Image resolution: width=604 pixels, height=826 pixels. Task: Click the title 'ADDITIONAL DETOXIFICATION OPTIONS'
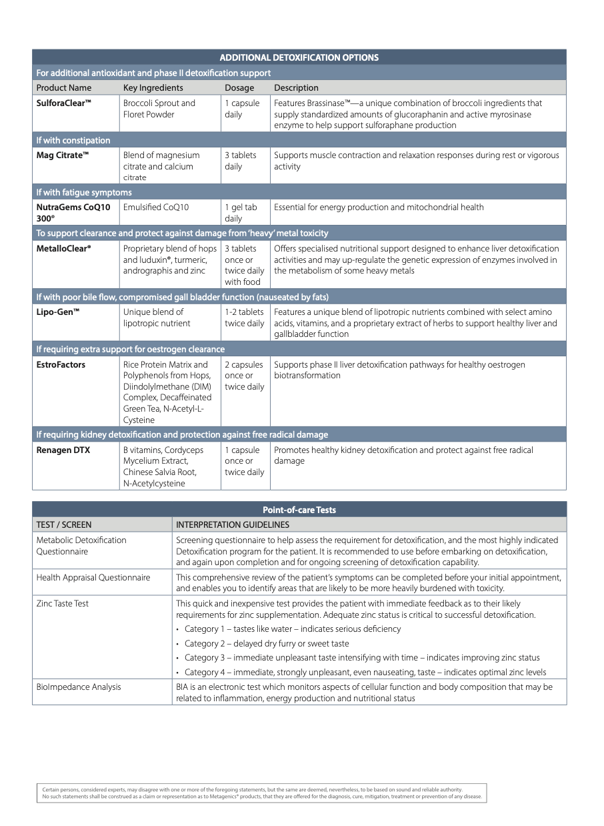point(299,57)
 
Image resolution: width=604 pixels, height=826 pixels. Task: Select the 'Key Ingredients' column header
point(153,87)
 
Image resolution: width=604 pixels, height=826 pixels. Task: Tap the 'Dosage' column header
point(239,87)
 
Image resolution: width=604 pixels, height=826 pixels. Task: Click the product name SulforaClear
point(64,103)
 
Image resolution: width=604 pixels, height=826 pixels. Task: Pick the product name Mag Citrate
point(63,155)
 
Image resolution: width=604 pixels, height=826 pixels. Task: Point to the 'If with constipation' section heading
point(73,140)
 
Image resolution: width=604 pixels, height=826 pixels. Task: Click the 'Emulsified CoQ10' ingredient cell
point(156,208)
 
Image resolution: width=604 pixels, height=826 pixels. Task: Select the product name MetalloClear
point(64,249)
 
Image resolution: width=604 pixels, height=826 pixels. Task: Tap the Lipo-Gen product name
point(58,312)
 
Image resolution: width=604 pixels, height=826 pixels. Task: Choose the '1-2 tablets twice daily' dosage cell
point(244,318)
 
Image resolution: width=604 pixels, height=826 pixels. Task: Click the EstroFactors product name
point(61,365)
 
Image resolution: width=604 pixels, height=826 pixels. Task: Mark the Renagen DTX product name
point(63,450)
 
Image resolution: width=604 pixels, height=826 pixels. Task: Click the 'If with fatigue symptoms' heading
point(84,192)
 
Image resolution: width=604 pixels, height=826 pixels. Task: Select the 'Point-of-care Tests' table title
point(299,510)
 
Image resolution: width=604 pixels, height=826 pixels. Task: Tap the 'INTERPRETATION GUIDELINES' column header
point(233,524)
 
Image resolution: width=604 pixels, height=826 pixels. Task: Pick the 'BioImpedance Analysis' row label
point(79,687)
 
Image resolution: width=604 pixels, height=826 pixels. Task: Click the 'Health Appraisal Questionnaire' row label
point(93,578)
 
